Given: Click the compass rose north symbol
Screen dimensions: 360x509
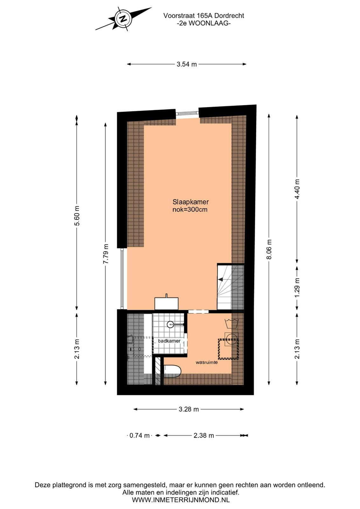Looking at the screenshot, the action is pos(124,19).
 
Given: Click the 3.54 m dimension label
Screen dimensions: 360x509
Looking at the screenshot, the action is pos(187,64).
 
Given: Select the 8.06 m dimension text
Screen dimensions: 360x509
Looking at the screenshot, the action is pos(269,249).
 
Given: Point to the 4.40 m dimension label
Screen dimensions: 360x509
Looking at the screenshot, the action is pos(297,189).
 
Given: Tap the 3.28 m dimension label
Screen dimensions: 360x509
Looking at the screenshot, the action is pos(189,409).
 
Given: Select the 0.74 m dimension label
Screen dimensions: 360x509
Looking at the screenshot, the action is pos(140,436).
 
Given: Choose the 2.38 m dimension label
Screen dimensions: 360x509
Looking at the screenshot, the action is pos(204,436).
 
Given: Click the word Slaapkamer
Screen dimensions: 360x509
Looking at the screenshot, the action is pos(190,202).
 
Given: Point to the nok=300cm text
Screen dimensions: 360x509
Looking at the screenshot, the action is pos(190,209).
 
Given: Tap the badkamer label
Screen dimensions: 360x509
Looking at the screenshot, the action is pos(170,341).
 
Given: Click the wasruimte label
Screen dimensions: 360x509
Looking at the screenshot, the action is pos(207,362).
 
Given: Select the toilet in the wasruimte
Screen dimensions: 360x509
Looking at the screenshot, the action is pos(172,371).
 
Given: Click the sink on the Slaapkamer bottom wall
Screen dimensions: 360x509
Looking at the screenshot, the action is pos(167,303).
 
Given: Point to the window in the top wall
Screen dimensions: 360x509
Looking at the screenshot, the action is pos(187,113).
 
